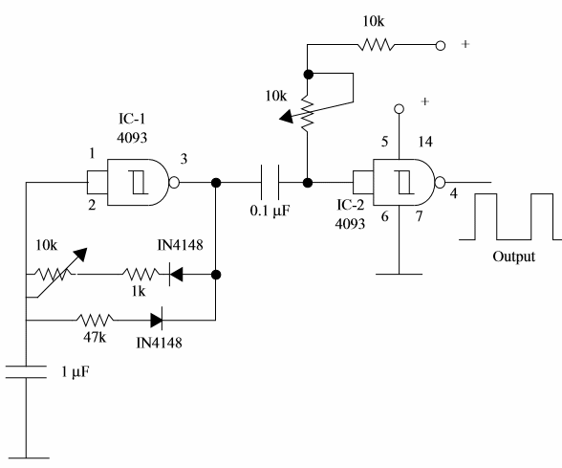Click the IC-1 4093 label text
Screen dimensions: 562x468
pyautogui.click(x=132, y=128)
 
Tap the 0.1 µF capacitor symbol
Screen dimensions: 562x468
pyautogui.click(x=270, y=182)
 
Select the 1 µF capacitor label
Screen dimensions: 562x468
pyautogui.click(x=75, y=372)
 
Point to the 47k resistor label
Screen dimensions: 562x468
pyautogui.click(x=95, y=337)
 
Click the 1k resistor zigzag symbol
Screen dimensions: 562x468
pyautogui.click(x=140, y=275)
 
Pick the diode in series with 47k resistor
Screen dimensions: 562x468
pyautogui.click(x=157, y=320)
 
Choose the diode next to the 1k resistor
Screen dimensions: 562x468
pyautogui.click(x=176, y=275)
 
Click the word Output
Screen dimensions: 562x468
pyautogui.click(x=513, y=256)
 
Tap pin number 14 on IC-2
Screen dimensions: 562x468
pyautogui.click(x=425, y=142)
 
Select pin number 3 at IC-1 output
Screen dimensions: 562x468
pyautogui.click(x=184, y=159)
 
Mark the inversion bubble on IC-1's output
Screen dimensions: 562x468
pyautogui.click(x=174, y=183)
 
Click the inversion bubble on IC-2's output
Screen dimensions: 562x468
pyautogui.click(x=440, y=183)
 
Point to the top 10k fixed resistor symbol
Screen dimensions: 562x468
pyautogui.click(x=376, y=45)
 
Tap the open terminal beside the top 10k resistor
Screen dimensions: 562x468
pyautogui.click(x=441, y=46)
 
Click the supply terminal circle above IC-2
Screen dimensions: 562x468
pyautogui.click(x=399, y=109)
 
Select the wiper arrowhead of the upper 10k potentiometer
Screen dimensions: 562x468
pyautogui.click(x=287, y=117)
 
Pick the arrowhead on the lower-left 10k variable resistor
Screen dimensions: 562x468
pyautogui.click(x=80, y=254)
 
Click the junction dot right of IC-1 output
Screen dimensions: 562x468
pyautogui.click(x=216, y=183)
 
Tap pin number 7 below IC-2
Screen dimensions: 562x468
pyautogui.click(x=419, y=216)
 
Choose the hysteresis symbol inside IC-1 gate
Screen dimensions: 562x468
pyautogui.click(x=139, y=182)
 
